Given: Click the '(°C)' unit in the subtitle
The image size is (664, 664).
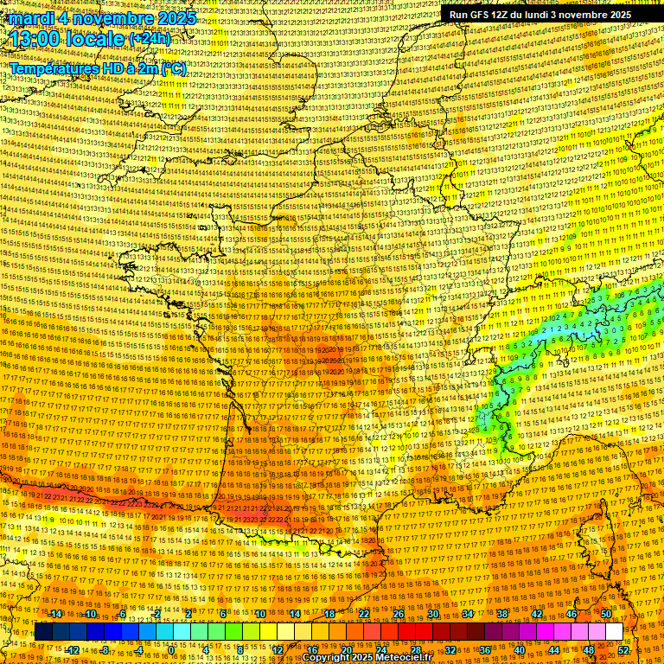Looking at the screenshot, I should coord(173,68).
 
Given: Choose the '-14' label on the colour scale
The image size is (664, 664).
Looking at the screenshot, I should coord(56,614).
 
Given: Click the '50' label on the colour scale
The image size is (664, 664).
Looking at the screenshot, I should coord(606,614).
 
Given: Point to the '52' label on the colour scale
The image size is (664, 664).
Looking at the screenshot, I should coord(623,650).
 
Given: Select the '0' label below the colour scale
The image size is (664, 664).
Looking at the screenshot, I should coord(172,650).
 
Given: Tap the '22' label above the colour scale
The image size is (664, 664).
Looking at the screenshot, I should coord(364,614).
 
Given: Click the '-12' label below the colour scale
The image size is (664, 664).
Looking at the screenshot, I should coord(73,650).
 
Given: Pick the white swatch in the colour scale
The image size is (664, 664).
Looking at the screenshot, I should coord(614,632).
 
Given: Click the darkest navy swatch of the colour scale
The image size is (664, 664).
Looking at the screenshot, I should coord(43,632).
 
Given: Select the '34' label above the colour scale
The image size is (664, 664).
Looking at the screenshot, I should coord(468,614).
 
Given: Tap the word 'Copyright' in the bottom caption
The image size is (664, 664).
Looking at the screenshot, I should coord(328,658).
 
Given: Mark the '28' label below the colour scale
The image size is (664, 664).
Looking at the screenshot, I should coord(416,650).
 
